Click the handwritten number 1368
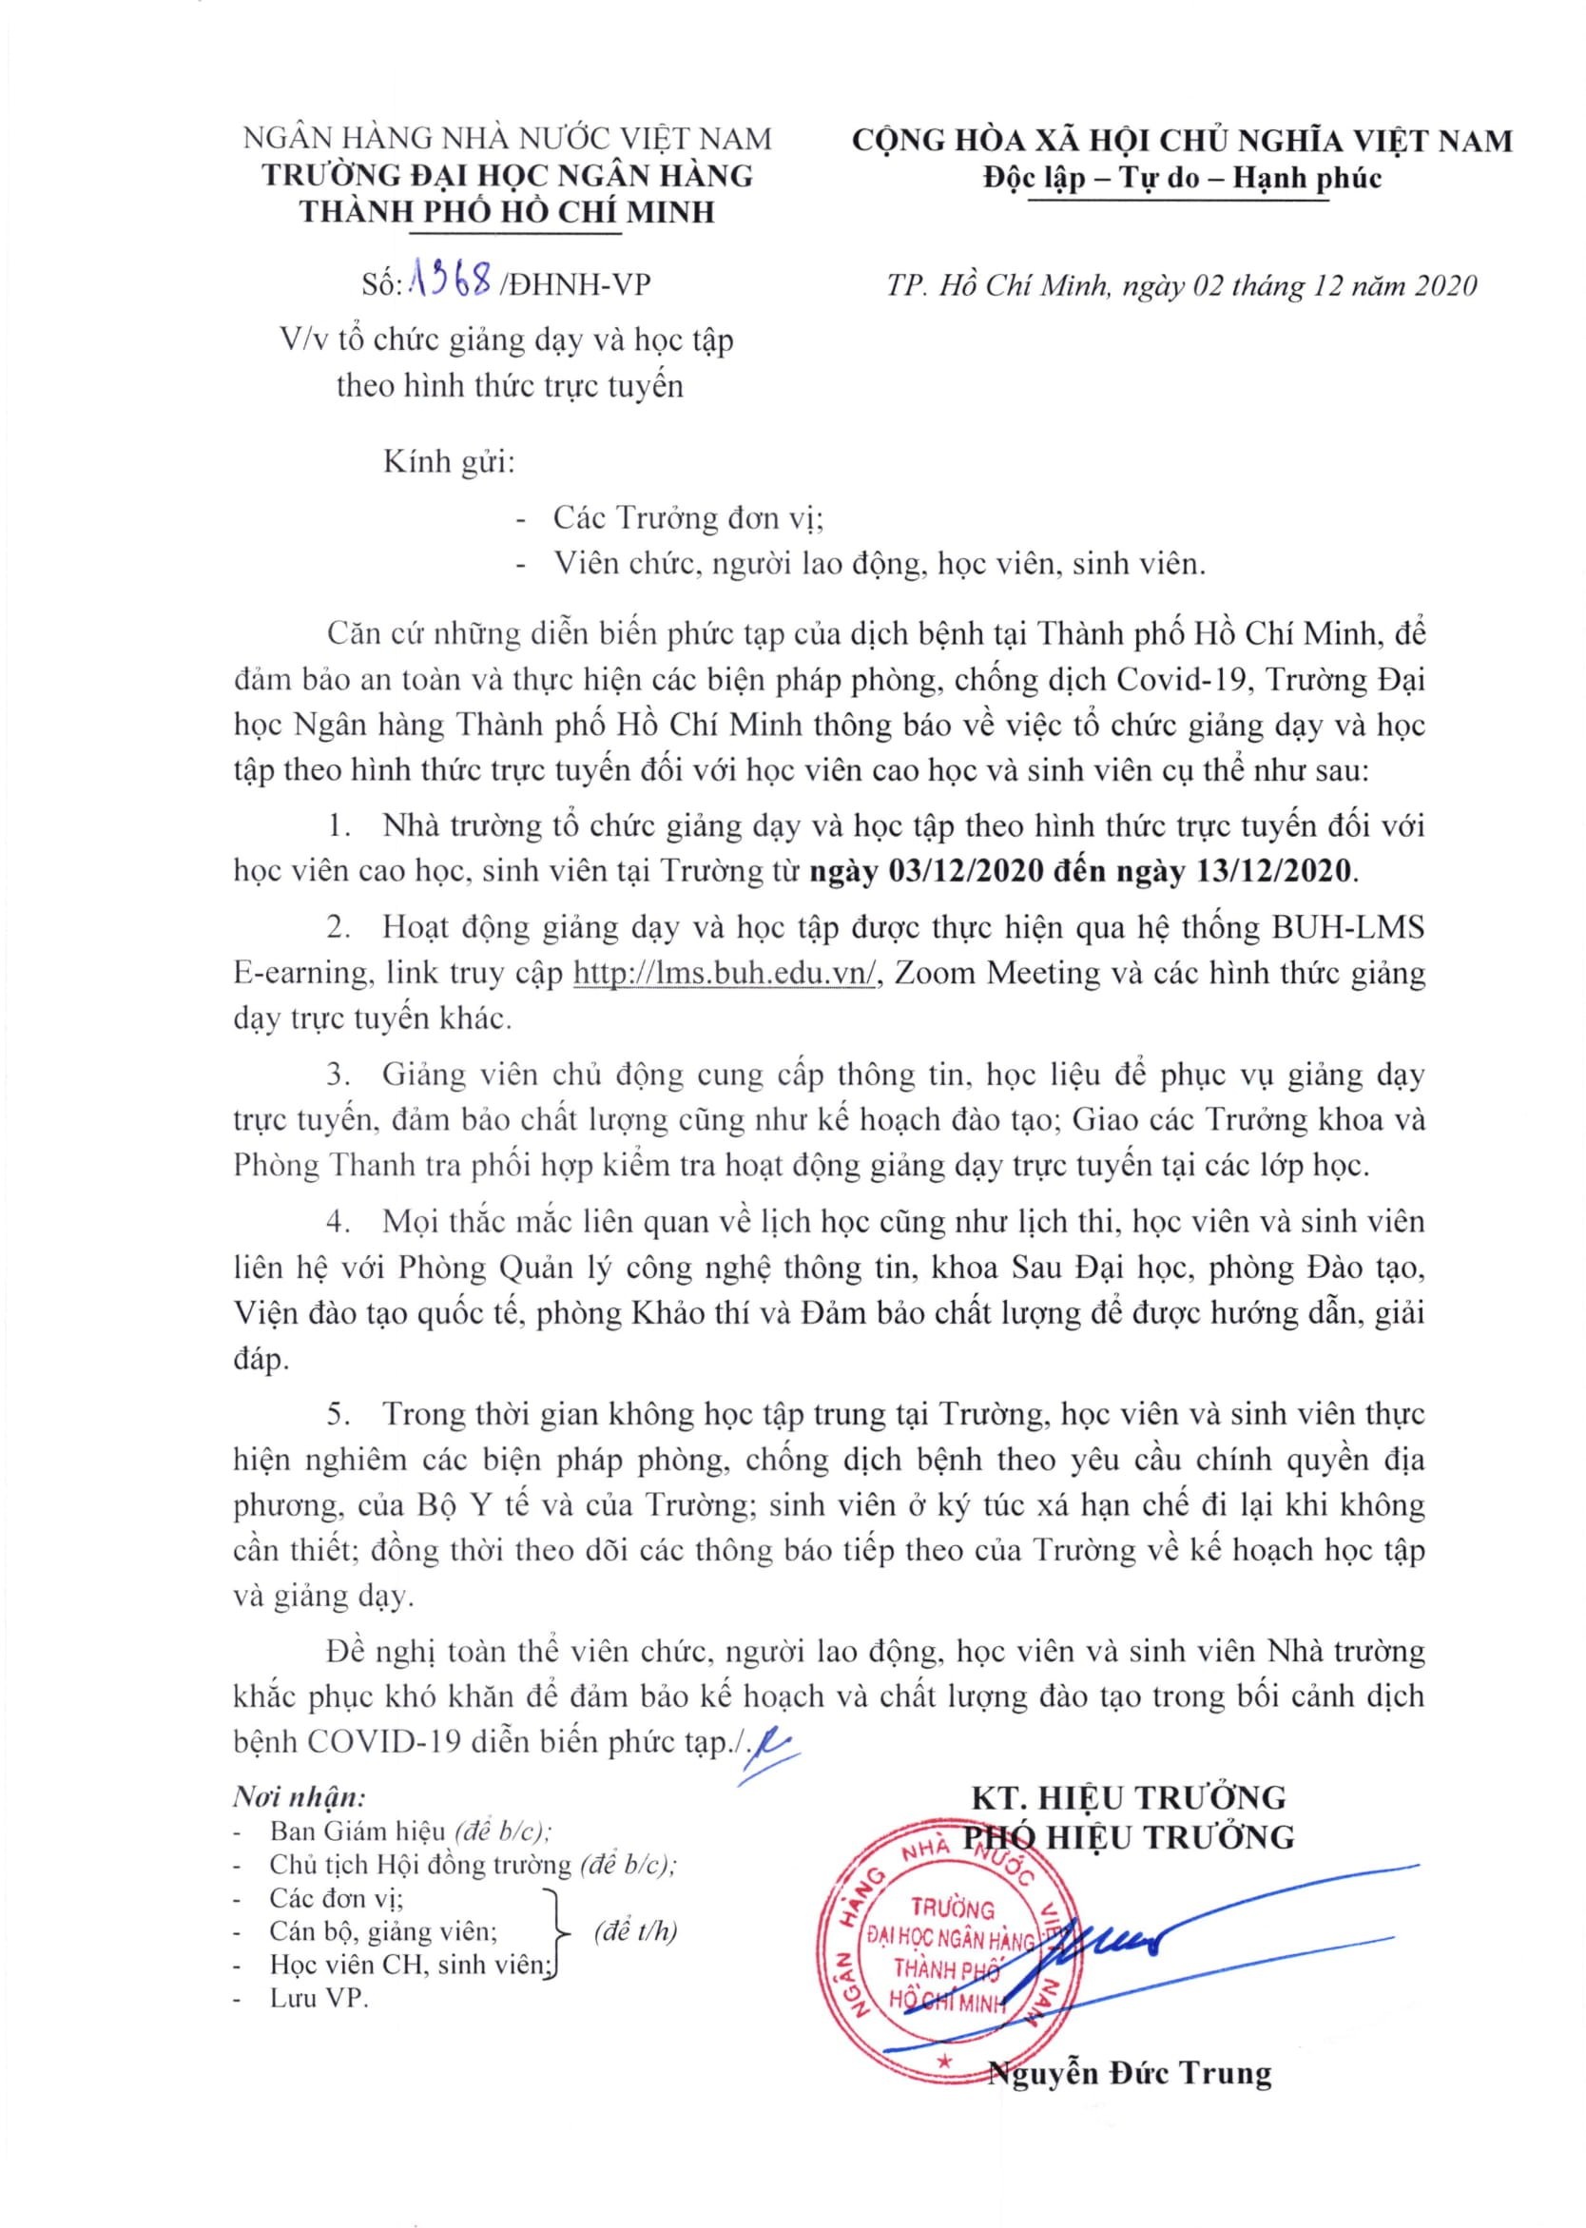(x=453, y=283)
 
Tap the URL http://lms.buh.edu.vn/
(x=726, y=974)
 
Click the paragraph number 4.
(x=338, y=1222)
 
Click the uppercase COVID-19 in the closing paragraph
(x=384, y=1741)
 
